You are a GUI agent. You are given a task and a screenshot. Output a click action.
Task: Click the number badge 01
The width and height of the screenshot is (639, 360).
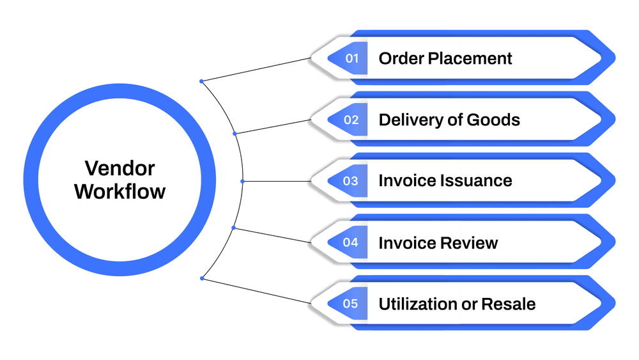[x=351, y=58]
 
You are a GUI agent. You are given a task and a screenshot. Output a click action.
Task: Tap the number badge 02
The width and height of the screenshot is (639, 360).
[x=351, y=120]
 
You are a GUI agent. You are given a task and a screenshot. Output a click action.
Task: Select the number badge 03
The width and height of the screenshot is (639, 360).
[x=351, y=181]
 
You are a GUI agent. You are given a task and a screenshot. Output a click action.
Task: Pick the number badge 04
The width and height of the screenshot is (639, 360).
[x=351, y=242]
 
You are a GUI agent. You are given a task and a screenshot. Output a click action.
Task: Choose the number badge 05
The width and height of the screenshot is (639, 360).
[x=351, y=304]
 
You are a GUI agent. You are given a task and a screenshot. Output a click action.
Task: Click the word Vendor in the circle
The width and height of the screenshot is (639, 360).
[x=119, y=168]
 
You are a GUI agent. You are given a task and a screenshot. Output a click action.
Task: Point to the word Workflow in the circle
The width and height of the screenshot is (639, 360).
[x=119, y=191]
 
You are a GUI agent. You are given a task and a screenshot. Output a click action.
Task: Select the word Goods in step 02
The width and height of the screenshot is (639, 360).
[x=494, y=120]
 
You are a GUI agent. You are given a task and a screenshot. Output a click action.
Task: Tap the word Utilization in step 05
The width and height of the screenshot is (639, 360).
[x=417, y=304]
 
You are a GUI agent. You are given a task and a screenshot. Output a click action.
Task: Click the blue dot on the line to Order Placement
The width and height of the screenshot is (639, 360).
[x=201, y=81]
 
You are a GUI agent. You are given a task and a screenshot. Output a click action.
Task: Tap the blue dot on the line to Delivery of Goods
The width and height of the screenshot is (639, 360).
[x=235, y=134]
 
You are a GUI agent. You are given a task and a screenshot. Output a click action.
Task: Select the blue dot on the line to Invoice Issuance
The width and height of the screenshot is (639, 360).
[x=242, y=181]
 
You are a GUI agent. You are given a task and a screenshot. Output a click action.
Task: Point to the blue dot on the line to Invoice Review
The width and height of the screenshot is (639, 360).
[x=234, y=228]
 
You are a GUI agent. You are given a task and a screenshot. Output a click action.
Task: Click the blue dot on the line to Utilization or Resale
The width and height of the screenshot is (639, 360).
[x=202, y=278]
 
